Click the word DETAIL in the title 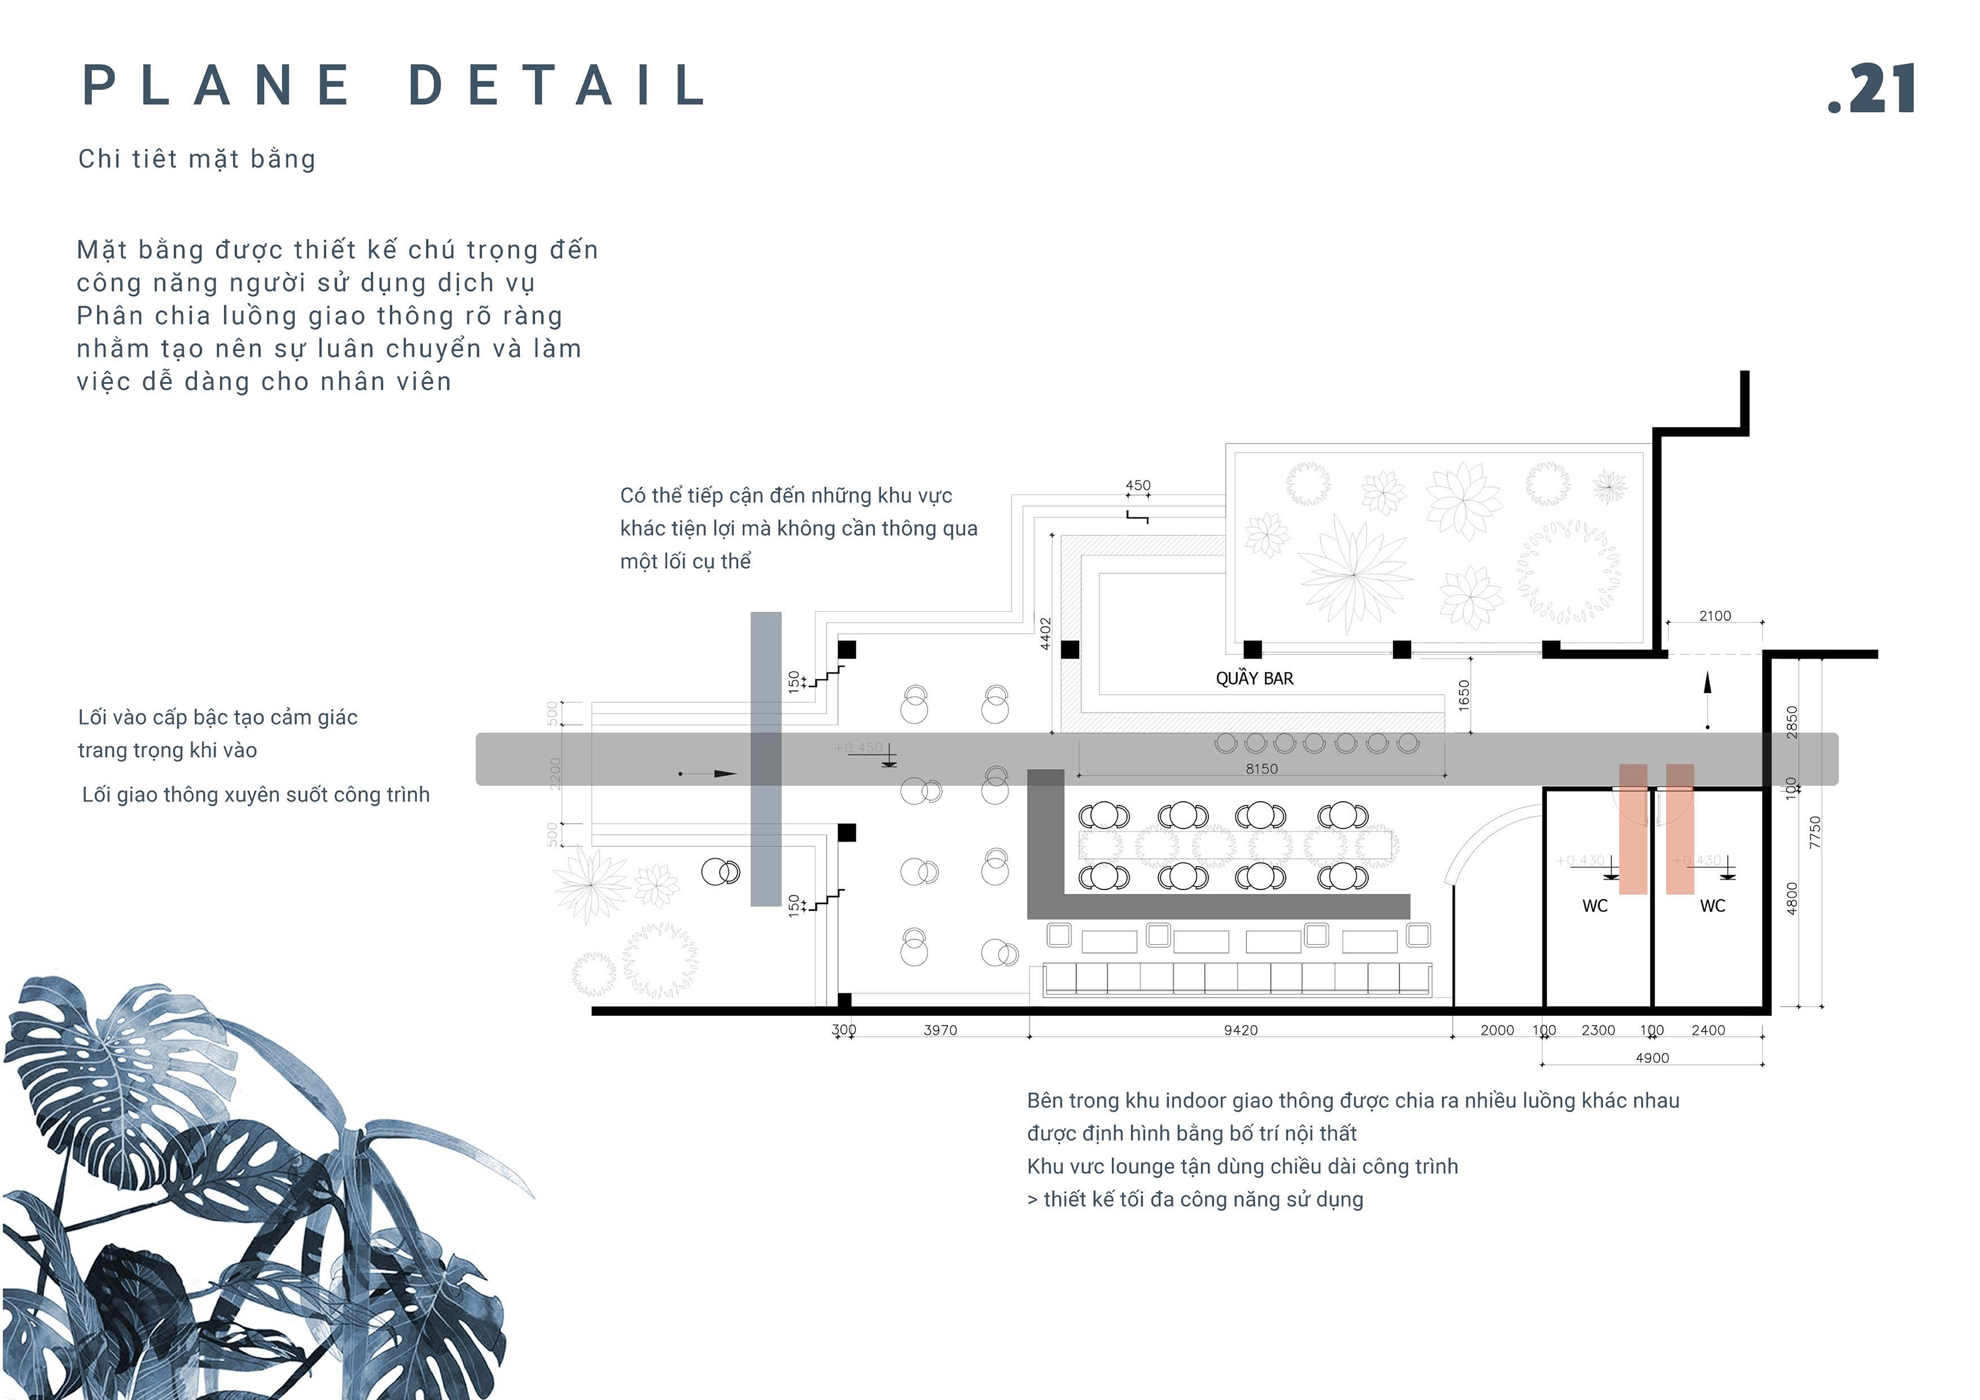[x=557, y=86]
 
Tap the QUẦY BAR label [x=1254, y=678]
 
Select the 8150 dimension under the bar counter [x=1261, y=768]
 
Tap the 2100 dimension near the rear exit [x=1714, y=615]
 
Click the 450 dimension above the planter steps [x=1137, y=486]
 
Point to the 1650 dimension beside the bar [x=1463, y=695]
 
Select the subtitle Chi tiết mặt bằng [x=196, y=159]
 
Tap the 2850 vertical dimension [x=1792, y=722]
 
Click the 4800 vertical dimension [x=1792, y=898]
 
